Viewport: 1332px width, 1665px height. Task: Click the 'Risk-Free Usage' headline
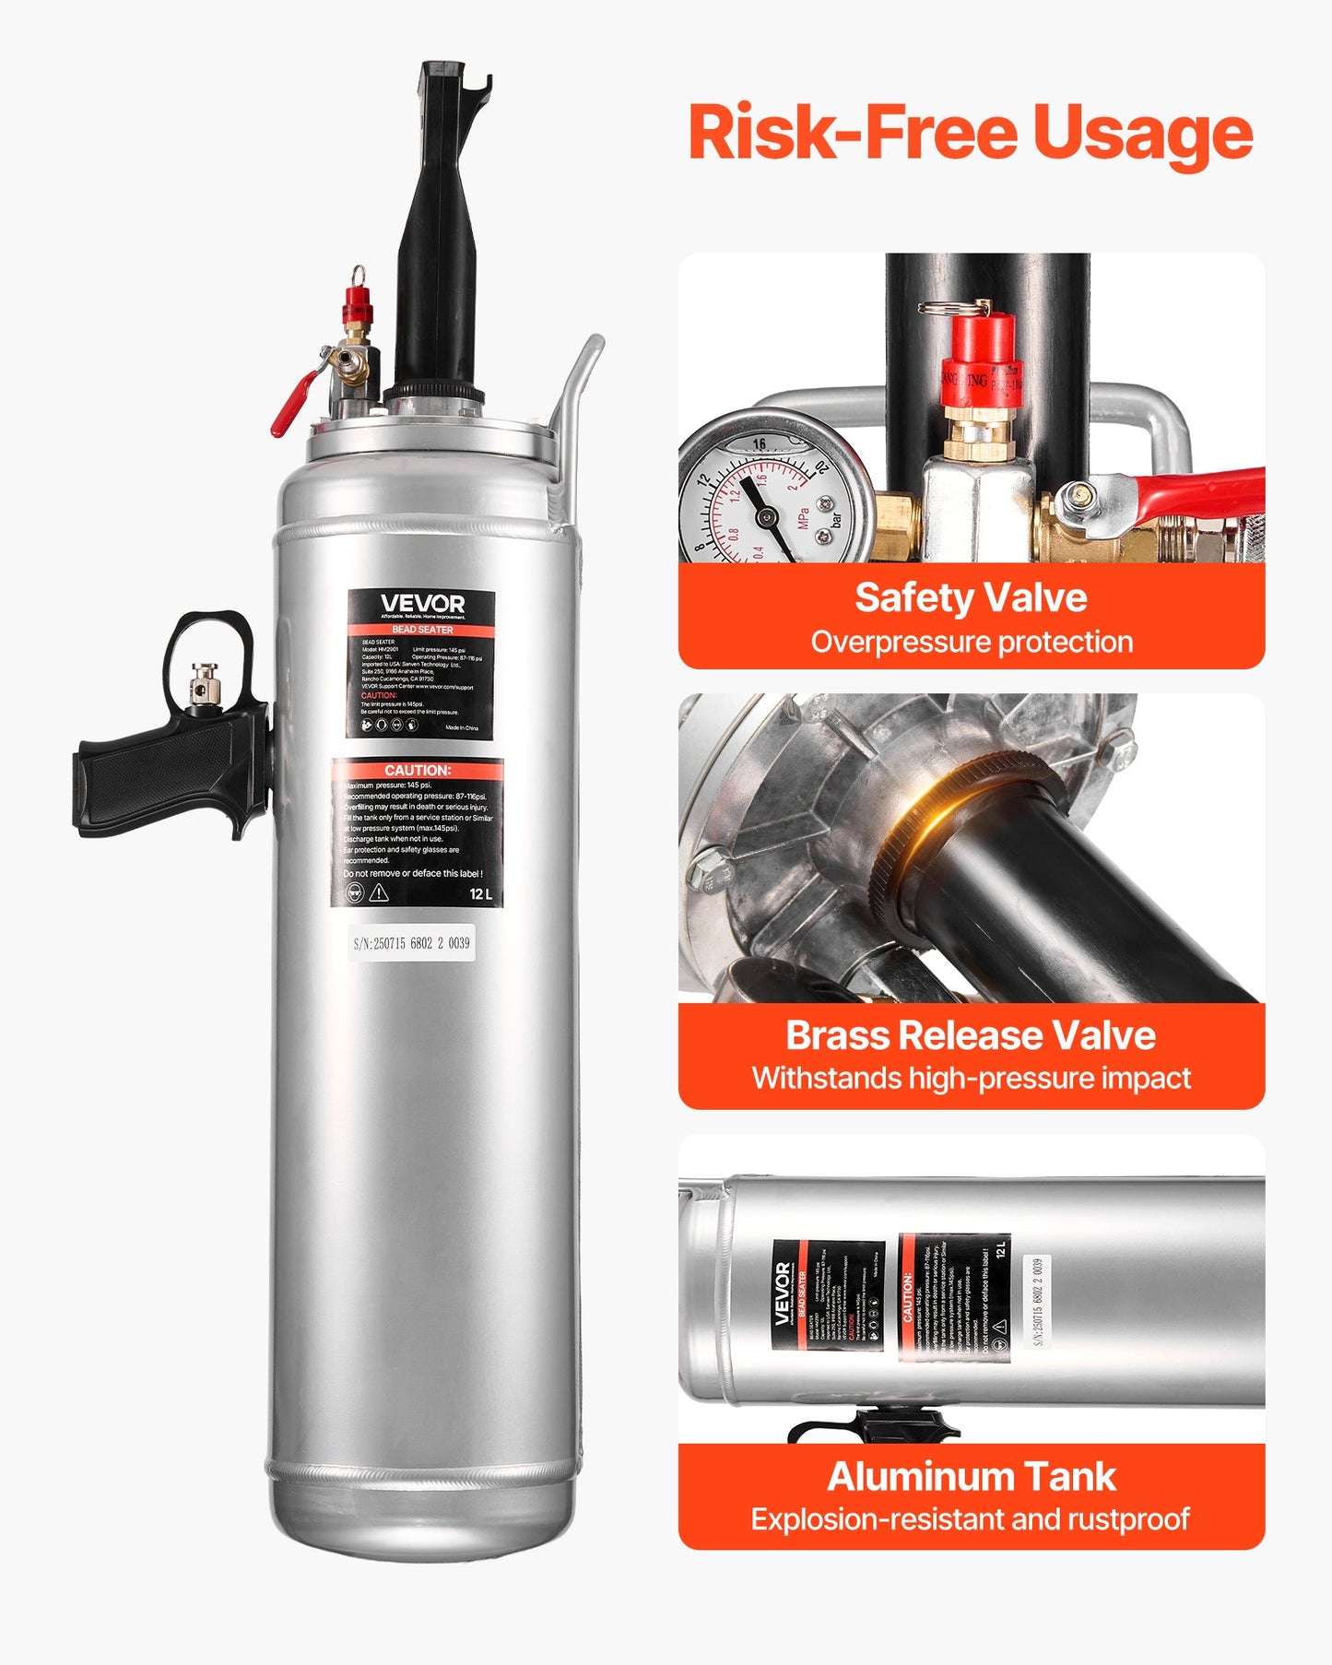point(970,134)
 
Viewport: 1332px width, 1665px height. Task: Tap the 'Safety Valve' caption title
point(971,597)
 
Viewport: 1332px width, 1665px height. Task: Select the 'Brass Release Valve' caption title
point(971,1035)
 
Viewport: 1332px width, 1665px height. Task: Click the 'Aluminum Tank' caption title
point(971,1476)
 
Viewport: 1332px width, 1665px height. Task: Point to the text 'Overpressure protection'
point(972,642)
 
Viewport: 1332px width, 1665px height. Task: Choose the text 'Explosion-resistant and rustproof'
point(970,1518)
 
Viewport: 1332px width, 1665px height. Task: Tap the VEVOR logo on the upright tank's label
point(422,604)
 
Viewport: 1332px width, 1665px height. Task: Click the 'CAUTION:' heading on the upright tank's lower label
point(418,770)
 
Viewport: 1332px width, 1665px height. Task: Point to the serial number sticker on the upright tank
point(412,943)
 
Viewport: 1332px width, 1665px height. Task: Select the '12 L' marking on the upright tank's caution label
point(481,893)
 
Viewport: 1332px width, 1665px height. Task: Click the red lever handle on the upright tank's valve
point(294,407)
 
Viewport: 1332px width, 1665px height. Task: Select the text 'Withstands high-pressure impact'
point(971,1078)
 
